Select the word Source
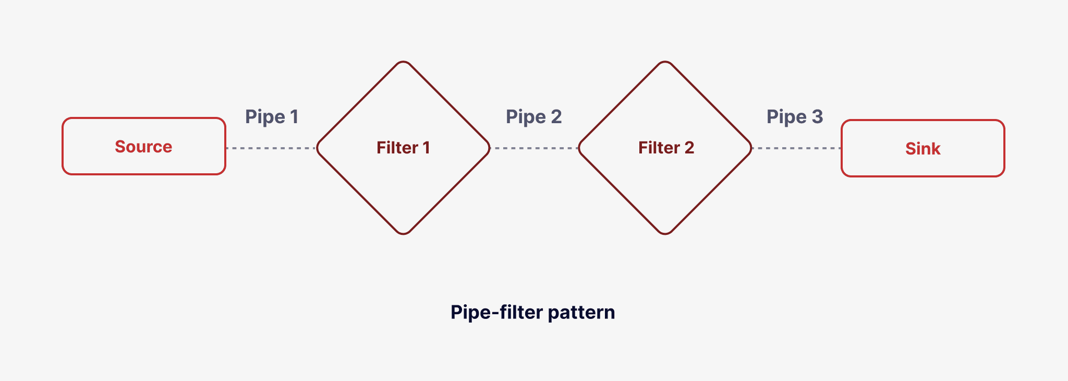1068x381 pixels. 143,147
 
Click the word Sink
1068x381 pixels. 923,149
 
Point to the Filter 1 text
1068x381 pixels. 403,148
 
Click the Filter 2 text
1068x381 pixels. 666,148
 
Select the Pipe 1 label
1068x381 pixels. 272,117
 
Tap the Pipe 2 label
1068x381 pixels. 533,117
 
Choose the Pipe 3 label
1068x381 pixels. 794,117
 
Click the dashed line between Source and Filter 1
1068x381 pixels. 271,148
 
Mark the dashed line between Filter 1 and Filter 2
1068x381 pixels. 535,148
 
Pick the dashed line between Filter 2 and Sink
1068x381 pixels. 796,148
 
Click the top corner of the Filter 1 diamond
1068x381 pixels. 403,63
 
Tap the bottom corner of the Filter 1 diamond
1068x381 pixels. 403,233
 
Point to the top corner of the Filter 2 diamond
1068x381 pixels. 665,63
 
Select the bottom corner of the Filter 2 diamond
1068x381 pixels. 665,233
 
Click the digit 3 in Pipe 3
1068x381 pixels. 817,117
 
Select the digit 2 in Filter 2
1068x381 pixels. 689,148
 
